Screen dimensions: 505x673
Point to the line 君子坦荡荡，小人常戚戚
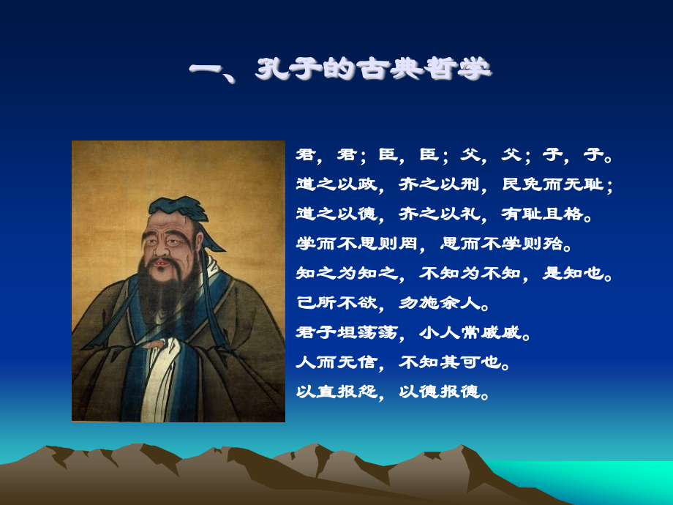pyautogui.click(x=413, y=332)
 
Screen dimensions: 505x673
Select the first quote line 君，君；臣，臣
pyautogui.click(x=454, y=154)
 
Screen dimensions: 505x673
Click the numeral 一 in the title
pyautogui.click(x=207, y=71)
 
